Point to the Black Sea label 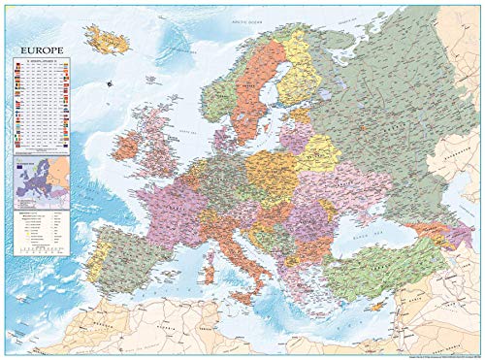[x=383, y=235]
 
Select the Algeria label [x=175, y=335]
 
